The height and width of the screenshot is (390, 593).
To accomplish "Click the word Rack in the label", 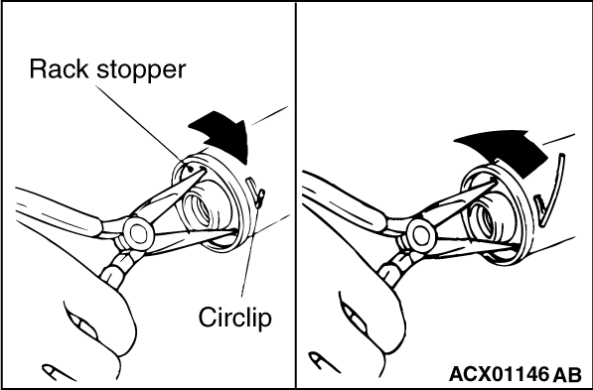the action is (x=59, y=69).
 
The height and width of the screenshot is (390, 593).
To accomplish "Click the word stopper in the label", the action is (x=141, y=71).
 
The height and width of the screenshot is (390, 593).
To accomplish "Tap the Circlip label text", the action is (x=234, y=317).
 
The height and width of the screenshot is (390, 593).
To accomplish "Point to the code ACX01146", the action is (x=499, y=374).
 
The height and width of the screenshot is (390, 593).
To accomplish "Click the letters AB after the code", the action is (x=567, y=374).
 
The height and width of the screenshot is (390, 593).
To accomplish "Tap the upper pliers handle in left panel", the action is (x=59, y=212).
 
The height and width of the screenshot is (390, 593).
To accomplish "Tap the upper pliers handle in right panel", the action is (x=344, y=201).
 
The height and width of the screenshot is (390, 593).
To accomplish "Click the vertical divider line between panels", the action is (x=296, y=195).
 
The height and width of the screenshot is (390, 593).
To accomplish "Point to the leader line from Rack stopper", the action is (x=141, y=124).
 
